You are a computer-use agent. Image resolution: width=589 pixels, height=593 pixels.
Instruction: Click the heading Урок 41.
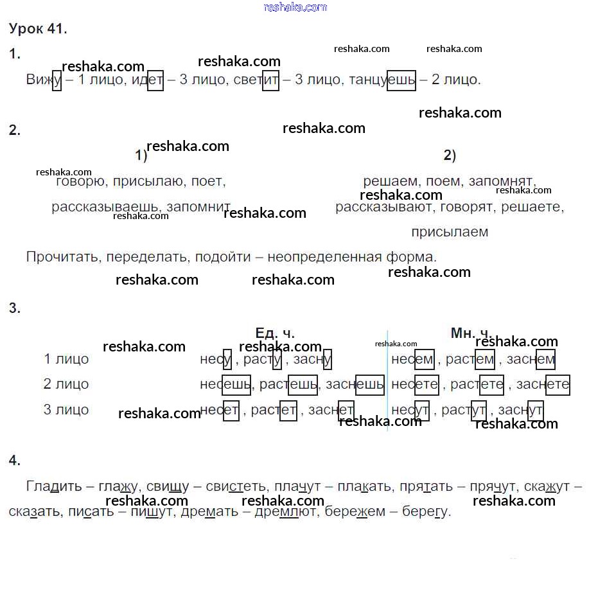[x=39, y=29]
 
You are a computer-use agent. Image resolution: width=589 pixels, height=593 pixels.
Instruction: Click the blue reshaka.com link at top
[x=295, y=7]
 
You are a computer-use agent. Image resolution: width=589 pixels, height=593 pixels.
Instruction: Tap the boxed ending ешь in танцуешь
[x=401, y=80]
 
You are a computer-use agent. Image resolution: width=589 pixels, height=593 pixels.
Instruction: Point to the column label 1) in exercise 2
[x=141, y=156]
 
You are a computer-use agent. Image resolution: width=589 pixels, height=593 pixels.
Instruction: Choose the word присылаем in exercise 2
[x=450, y=231]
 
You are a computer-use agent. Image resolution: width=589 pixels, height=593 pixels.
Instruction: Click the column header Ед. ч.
[x=275, y=333]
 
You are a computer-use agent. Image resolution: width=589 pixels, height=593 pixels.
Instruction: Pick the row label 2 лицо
[x=66, y=384]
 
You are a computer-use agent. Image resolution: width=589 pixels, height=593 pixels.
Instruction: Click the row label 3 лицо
[x=66, y=410]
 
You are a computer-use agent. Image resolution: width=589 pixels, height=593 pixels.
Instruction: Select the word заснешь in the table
[x=355, y=384]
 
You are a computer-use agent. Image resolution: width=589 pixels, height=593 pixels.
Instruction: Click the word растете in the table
[x=477, y=384]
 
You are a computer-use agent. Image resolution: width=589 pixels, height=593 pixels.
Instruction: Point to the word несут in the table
[x=410, y=410]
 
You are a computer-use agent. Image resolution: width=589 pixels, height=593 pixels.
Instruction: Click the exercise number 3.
[x=15, y=308]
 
